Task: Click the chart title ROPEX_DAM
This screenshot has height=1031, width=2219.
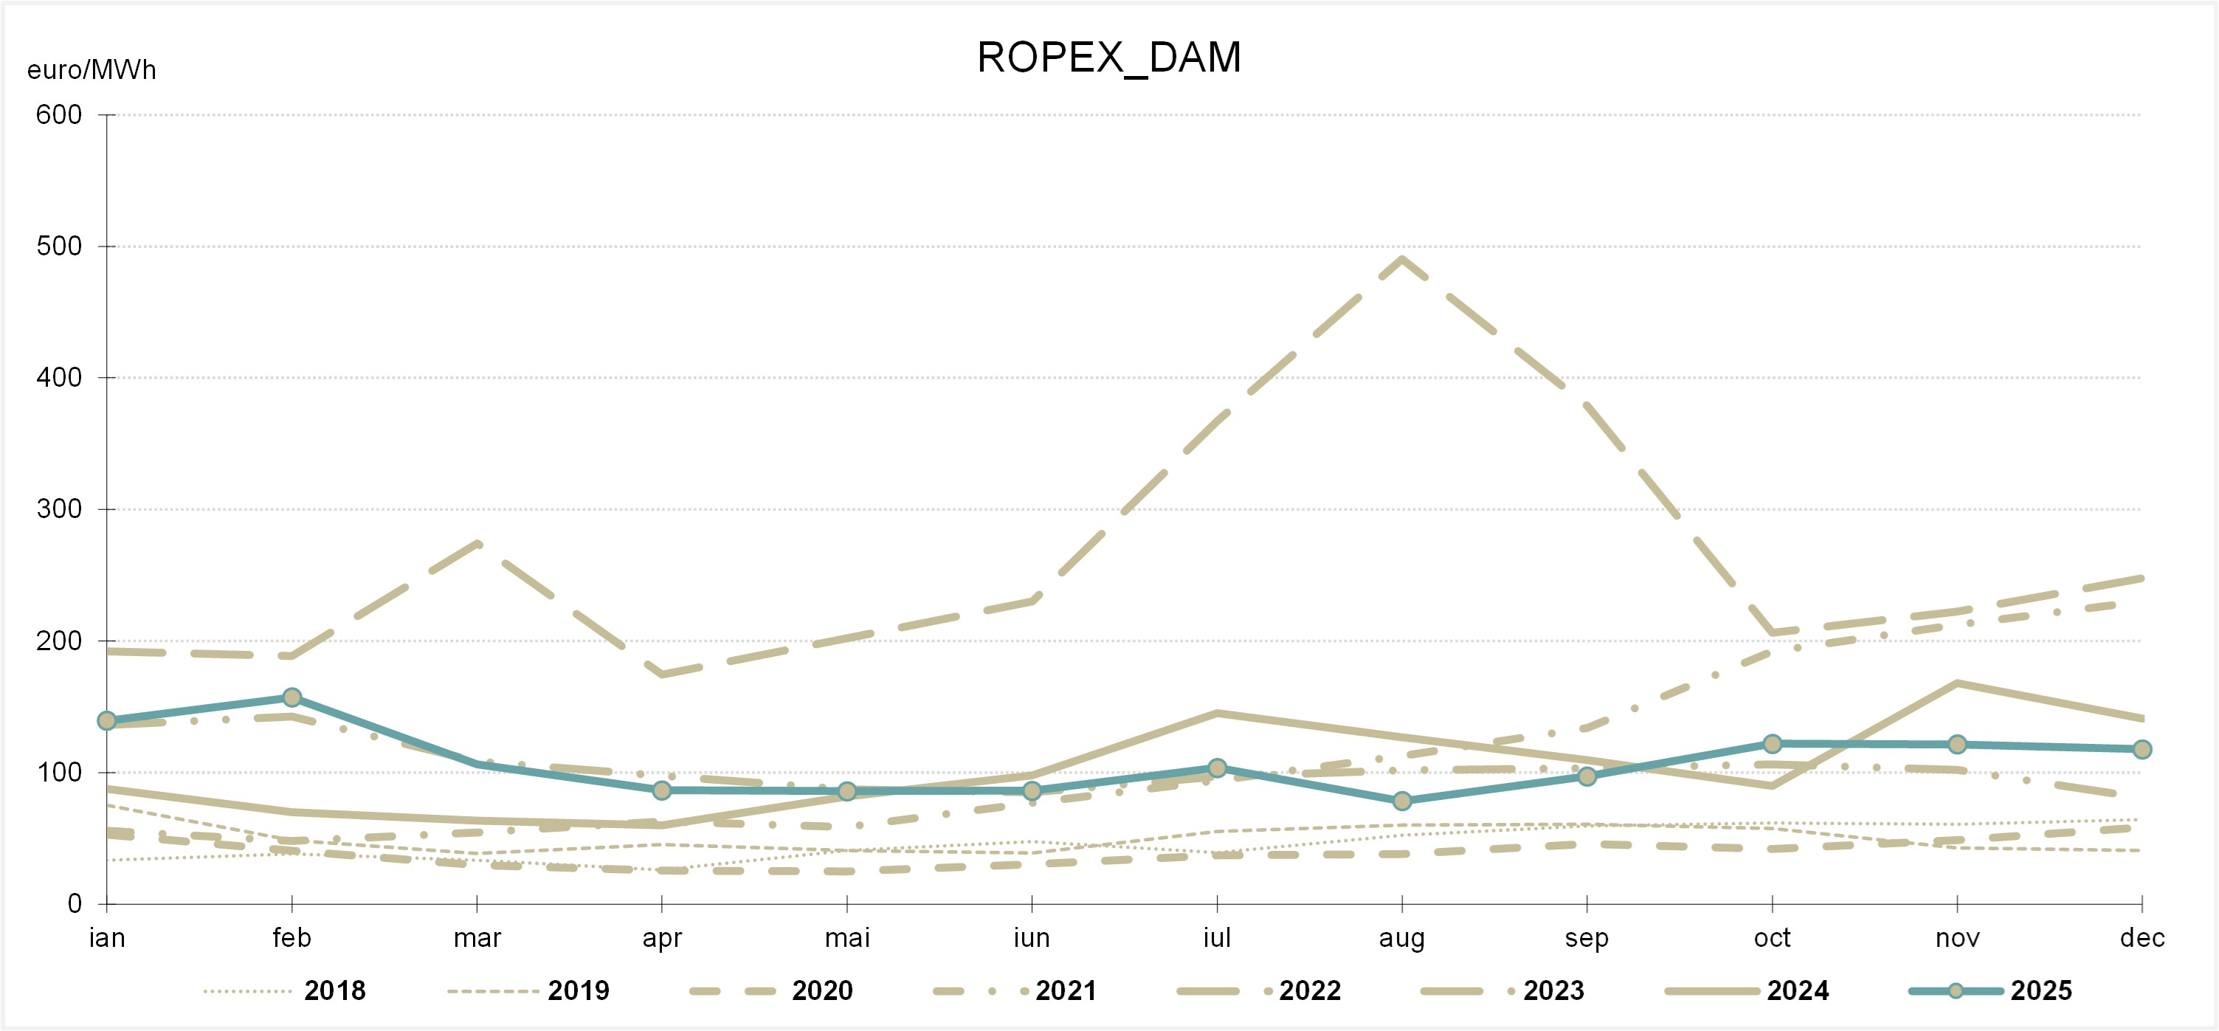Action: tap(1108, 58)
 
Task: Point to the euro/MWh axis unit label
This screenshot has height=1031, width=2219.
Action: tap(92, 70)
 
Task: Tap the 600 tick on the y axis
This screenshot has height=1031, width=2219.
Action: tap(58, 114)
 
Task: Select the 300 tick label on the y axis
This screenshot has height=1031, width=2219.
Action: tap(58, 509)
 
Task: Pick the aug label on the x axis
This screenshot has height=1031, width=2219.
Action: tap(1401, 937)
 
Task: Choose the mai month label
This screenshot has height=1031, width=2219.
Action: tap(846, 937)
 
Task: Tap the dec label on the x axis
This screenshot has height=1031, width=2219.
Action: tap(2142, 937)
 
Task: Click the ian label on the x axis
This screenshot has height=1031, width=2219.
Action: tap(107, 937)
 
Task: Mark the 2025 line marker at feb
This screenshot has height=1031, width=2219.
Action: tap(292, 697)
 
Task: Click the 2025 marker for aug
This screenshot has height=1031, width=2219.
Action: tap(1401, 801)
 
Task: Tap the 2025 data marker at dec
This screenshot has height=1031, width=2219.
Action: tap(2142, 749)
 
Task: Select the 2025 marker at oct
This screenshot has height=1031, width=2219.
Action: tap(1772, 743)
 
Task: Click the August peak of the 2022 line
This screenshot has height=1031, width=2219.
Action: tap(1401, 258)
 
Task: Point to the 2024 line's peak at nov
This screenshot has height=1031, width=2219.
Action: tap(1957, 683)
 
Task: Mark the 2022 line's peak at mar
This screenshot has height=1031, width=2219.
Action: tap(477, 543)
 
